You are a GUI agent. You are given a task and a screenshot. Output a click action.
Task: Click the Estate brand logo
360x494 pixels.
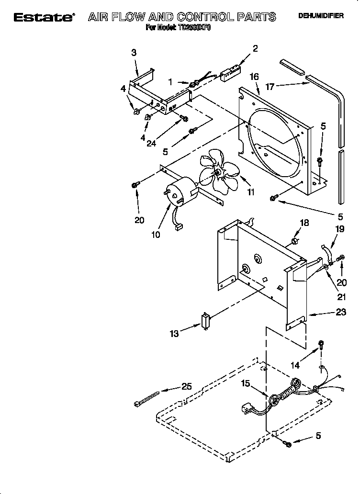click(x=44, y=17)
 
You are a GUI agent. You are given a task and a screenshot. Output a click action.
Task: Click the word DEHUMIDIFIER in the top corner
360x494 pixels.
click(x=321, y=16)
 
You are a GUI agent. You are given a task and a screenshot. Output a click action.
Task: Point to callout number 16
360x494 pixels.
click(x=254, y=77)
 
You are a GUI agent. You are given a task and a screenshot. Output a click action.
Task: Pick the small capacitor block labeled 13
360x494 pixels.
click(x=206, y=320)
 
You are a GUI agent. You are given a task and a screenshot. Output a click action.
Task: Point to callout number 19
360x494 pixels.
click(x=339, y=229)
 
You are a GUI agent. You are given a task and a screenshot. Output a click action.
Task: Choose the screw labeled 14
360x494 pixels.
click(x=321, y=345)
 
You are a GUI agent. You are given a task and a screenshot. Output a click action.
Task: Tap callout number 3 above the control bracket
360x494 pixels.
click(x=134, y=53)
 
